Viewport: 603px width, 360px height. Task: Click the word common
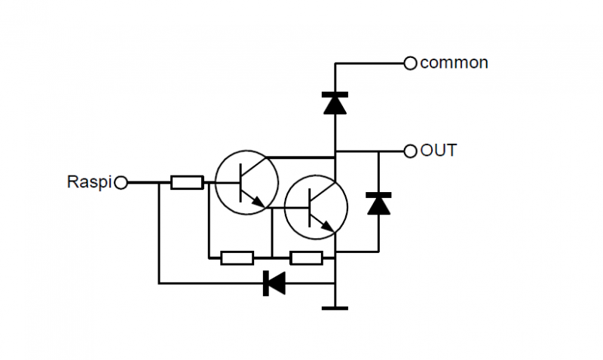tap(454, 63)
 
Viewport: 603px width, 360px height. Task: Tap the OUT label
tap(438, 151)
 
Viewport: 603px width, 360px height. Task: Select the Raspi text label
tap(89, 182)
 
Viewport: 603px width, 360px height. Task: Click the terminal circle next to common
tap(410, 63)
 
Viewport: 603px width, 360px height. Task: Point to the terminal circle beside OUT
tap(410, 151)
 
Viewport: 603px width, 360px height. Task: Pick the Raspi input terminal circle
tap(120, 182)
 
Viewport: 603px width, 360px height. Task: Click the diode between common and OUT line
tap(335, 102)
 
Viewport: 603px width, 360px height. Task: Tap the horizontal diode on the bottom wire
tap(274, 283)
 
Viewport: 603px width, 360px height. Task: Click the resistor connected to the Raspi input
tap(186, 182)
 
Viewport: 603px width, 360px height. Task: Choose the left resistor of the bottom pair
tap(237, 258)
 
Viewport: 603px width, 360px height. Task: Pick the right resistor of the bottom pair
tap(306, 258)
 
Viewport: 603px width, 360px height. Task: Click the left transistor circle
tap(246, 182)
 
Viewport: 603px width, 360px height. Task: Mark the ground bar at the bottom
tap(335, 307)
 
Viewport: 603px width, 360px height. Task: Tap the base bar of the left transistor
tap(239, 182)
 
